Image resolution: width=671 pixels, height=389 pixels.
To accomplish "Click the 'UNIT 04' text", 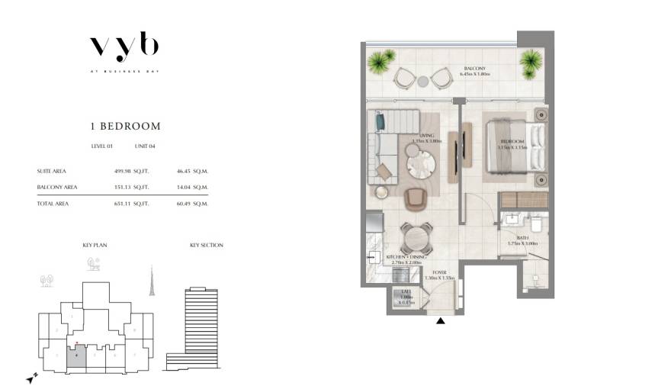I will pyautogui.click(x=145, y=146).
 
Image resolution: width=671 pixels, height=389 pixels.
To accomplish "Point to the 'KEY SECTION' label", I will pyautogui.click(x=206, y=246).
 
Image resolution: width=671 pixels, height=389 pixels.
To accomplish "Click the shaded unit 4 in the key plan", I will pyautogui.click(x=76, y=357).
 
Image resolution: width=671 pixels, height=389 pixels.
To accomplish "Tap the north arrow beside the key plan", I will pyautogui.click(x=29, y=377).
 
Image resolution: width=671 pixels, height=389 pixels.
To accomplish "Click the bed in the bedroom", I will pyautogui.click(x=513, y=147).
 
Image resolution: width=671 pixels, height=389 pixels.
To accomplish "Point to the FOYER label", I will pyautogui.click(x=439, y=272).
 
